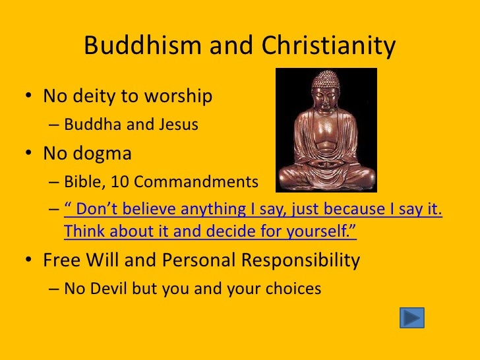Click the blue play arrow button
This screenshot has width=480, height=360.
(412, 318)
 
